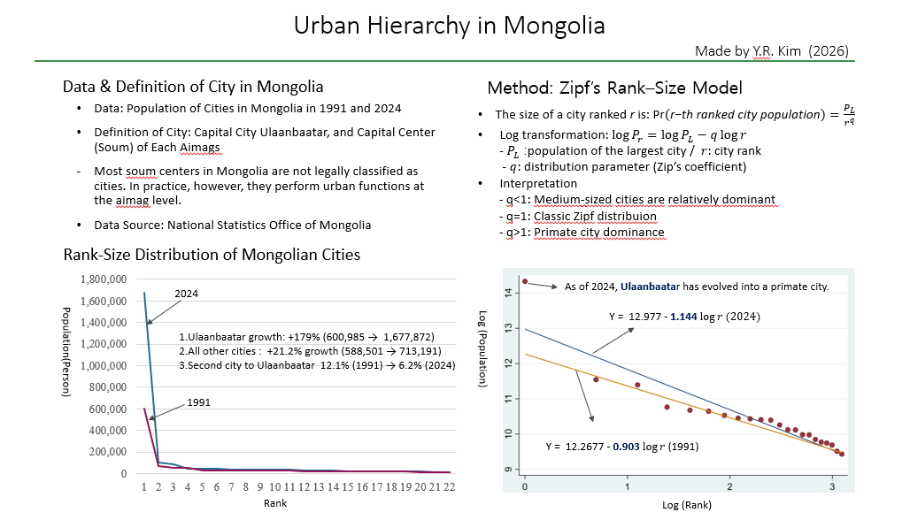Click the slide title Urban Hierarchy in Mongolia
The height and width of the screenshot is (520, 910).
point(449,26)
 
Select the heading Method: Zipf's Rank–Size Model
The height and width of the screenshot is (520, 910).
point(614,88)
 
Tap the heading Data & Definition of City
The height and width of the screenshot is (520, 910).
point(192,87)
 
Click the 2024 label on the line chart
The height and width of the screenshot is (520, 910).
point(186,293)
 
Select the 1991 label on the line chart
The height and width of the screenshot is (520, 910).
point(199,401)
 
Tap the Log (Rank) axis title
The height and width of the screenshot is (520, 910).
point(686,505)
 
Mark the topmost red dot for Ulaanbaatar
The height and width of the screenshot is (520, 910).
point(525,281)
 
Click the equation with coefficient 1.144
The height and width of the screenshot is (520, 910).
point(684,316)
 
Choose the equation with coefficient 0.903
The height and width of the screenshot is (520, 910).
point(622,447)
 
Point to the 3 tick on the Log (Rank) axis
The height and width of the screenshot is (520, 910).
point(831,487)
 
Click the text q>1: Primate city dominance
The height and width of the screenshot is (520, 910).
point(581,233)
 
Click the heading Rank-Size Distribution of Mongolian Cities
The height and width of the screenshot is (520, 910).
point(212,255)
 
